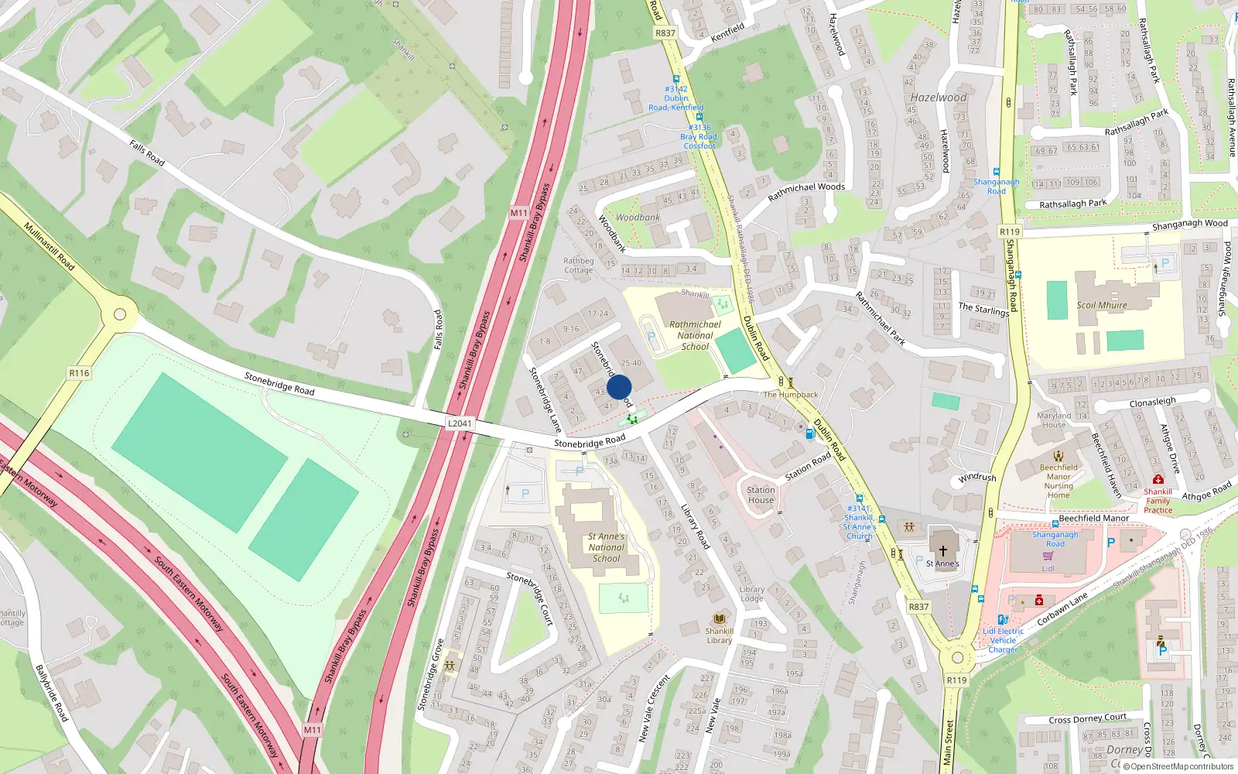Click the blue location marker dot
point(619,387)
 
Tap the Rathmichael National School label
point(695,336)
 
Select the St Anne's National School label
point(606,547)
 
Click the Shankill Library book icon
point(720,619)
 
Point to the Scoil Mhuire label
point(1102,305)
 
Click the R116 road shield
point(79,373)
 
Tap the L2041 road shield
point(460,423)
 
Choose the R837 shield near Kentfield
point(665,33)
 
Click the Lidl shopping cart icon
point(1048,556)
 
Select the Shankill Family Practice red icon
point(1158,480)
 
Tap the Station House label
point(761,495)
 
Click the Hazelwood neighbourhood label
point(939,98)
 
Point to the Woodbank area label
point(638,217)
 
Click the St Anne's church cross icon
point(943,550)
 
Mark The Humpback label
point(791,395)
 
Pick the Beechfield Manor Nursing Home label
point(1058,481)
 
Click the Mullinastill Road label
point(50,247)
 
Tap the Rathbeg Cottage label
point(578,265)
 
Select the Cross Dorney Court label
point(1087,718)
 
